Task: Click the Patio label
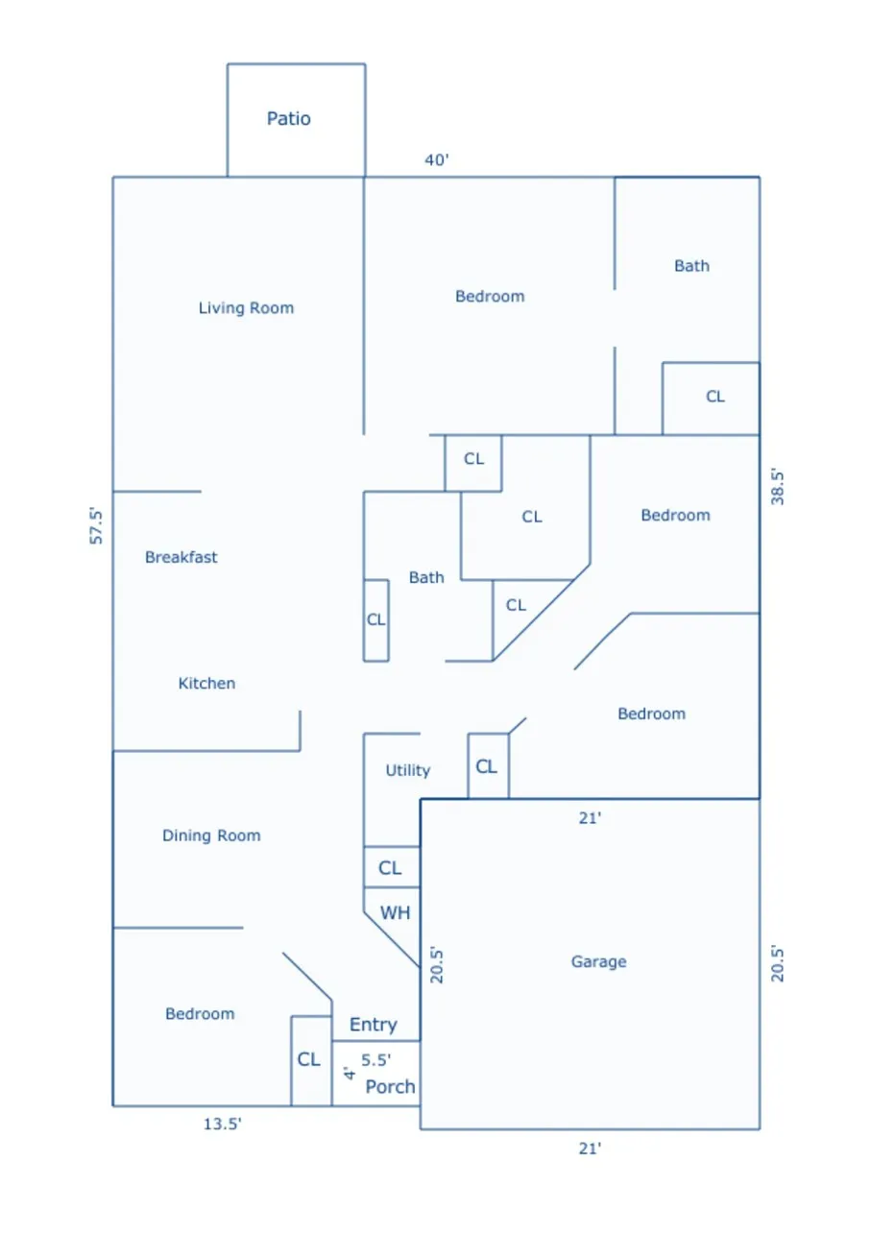tap(288, 118)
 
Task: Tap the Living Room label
tap(246, 307)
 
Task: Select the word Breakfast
tap(181, 557)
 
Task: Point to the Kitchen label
tap(206, 683)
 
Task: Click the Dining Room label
tap(211, 835)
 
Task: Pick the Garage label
tap(598, 962)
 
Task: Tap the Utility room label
tap(407, 770)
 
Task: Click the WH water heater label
tap(395, 913)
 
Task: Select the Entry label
tap(373, 1025)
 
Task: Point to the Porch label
tap(390, 1087)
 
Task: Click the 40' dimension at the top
tap(436, 159)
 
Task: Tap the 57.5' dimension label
tap(96, 526)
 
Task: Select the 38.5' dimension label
tap(777, 487)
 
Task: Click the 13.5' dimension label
tap(222, 1124)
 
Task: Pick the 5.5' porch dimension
tap(376, 1059)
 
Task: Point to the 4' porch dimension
tap(349, 1073)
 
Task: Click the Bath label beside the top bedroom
tap(691, 266)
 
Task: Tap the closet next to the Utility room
tap(488, 765)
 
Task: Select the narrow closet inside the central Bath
tap(376, 620)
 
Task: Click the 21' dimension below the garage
tap(590, 1149)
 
